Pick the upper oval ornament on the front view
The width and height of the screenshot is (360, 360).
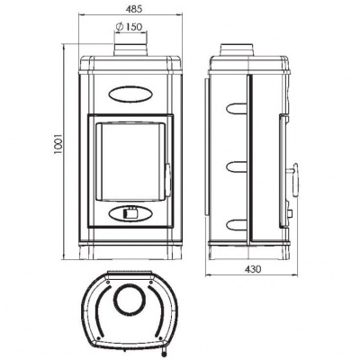(x=131, y=91)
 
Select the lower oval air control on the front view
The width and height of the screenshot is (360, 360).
(x=131, y=214)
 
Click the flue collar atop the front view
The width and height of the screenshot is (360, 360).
(x=131, y=48)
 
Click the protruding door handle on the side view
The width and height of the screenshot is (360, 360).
(x=294, y=168)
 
